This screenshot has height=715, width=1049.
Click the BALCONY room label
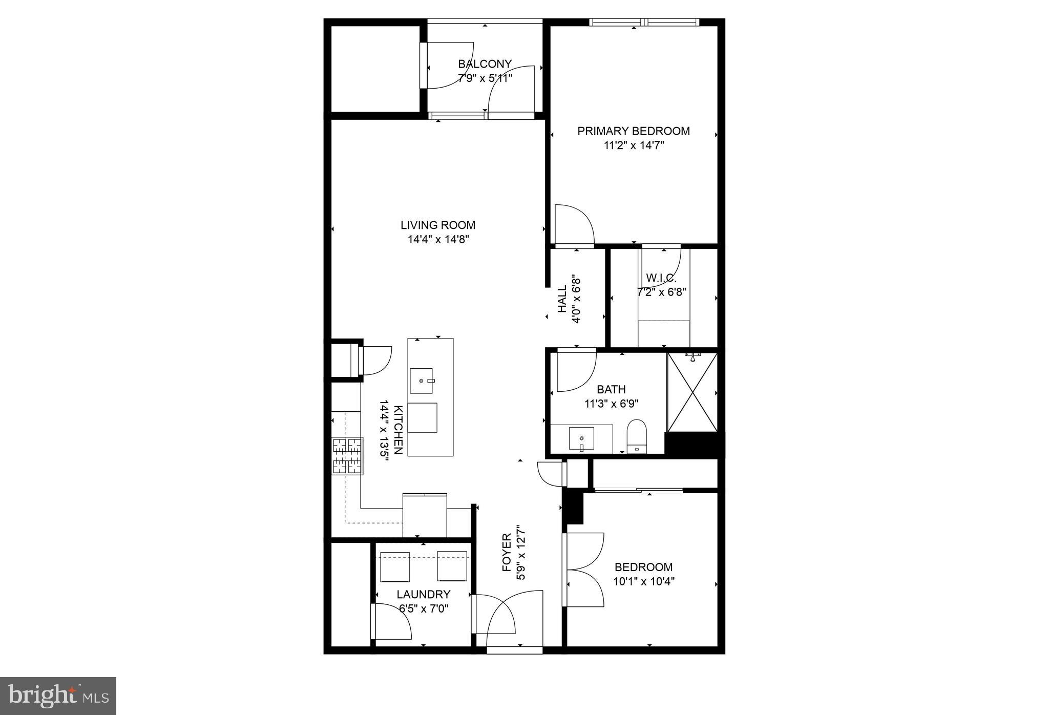point(485,64)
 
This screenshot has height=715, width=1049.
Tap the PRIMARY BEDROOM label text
point(634,131)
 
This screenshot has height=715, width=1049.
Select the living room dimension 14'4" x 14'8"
point(438,239)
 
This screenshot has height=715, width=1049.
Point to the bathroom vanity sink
point(581,438)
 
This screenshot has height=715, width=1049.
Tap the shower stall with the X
point(692,392)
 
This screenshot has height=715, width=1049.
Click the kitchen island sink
point(421,381)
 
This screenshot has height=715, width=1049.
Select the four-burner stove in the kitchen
point(347,456)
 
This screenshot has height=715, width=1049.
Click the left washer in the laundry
point(395,566)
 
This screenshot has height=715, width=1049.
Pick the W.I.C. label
point(661,278)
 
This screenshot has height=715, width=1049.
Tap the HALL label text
point(562,299)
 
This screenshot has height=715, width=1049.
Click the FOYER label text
point(507,553)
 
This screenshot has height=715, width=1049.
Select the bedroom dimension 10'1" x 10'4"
point(644,581)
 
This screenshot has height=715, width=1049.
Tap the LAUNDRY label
point(424,594)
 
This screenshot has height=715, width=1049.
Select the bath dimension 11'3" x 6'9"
point(611,404)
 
